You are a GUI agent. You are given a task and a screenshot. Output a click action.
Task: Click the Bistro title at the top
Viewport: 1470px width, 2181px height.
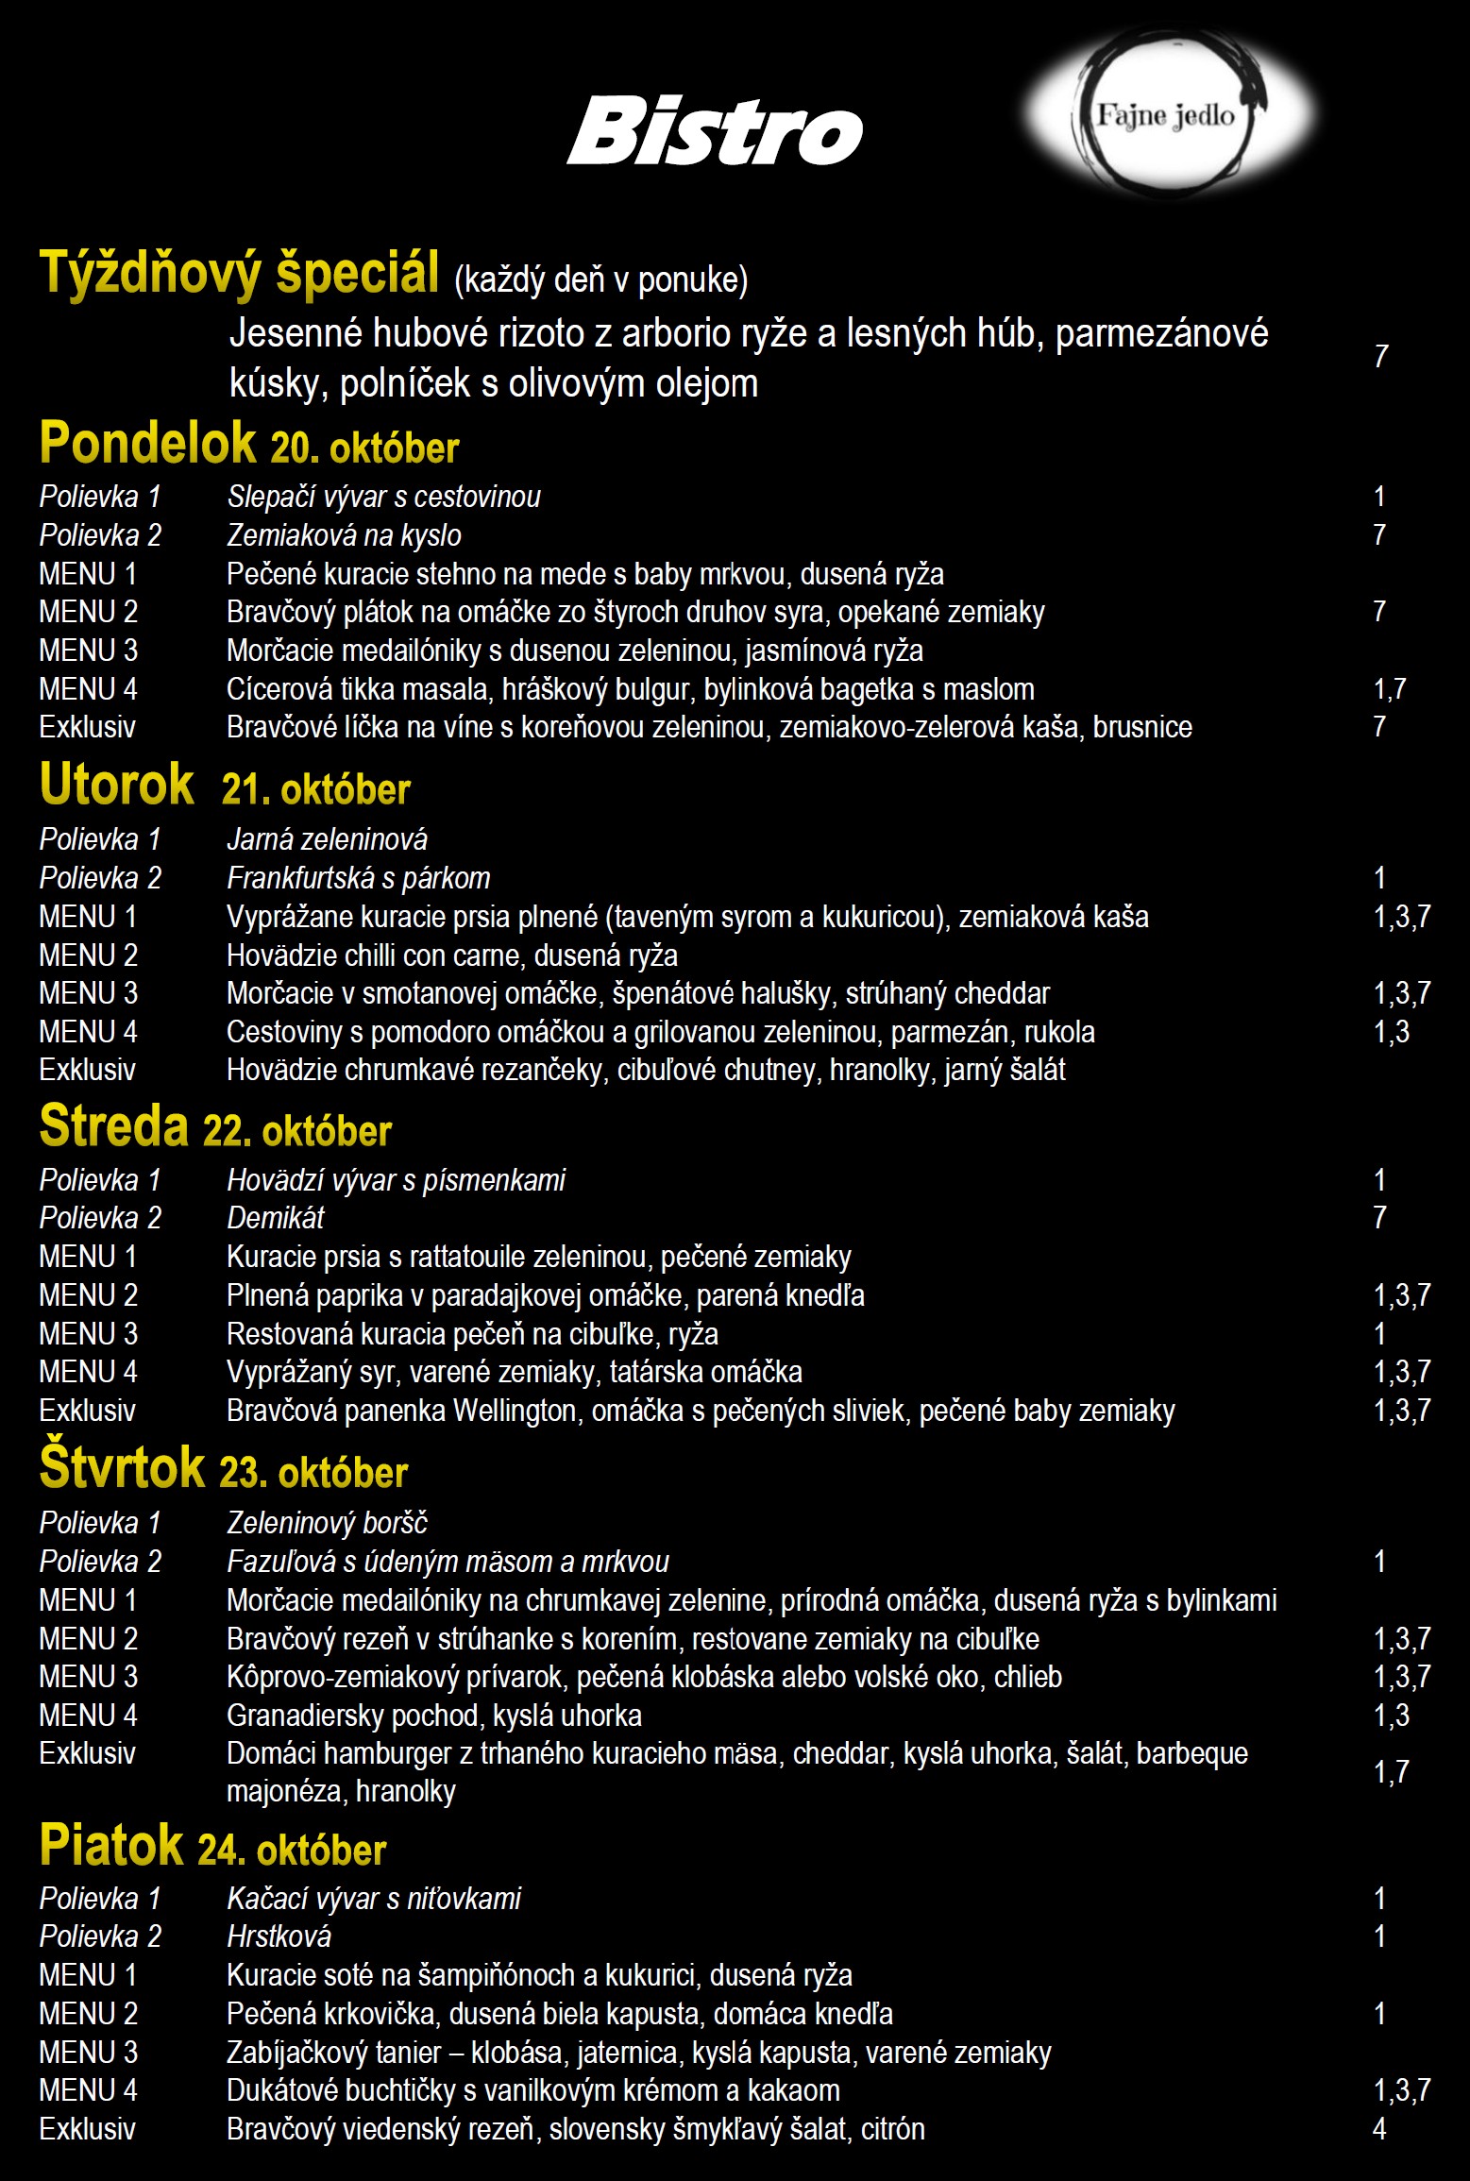[x=715, y=131]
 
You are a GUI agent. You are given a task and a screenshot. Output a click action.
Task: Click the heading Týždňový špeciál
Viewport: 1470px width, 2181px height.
[x=239, y=273]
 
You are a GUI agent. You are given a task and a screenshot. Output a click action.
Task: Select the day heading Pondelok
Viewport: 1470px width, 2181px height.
[x=148, y=443]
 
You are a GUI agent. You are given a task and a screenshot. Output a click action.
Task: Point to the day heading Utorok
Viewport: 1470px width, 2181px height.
[x=117, y=785]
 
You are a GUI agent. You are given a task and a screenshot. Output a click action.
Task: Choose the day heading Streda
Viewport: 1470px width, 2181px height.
[x=114, y=1126]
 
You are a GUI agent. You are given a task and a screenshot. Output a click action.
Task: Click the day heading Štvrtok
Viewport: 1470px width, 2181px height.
[x=123, y=1468]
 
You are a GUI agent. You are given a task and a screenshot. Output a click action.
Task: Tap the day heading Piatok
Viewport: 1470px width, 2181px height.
[x=111, y=1845]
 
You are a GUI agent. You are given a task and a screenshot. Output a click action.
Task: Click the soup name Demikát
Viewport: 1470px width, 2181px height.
[x=276, y=1218]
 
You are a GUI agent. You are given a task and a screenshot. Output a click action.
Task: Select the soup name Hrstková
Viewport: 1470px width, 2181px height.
[x=279, y=1936]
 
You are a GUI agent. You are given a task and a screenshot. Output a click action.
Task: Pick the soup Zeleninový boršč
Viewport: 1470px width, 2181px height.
[x=327, y=1523]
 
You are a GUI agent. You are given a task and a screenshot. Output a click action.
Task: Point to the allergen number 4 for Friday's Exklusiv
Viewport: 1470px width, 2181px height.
[x=1379, y=2129]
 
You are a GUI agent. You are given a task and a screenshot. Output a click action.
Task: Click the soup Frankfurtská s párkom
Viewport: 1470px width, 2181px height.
[x=359, y=878]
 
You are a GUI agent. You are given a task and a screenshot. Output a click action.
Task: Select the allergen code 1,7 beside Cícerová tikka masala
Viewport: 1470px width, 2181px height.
[x=1390, y=689]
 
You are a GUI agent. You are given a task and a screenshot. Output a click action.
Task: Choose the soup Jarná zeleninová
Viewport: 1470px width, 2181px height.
[x=327, y=839]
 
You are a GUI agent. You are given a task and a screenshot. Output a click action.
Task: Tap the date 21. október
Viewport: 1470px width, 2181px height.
[x=316, y=789]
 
